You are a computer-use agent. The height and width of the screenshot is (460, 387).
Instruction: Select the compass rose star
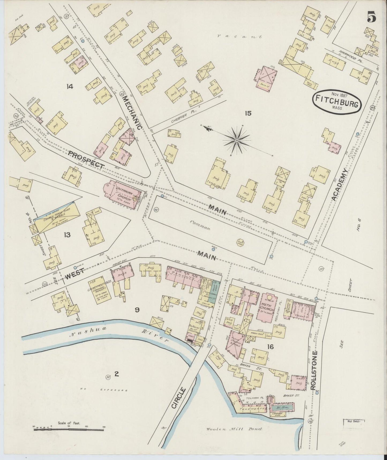pos(237,140)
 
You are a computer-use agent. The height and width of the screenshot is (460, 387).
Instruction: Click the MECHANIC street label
pos(132,113)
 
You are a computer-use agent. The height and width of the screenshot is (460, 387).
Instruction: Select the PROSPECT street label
pos(86,160)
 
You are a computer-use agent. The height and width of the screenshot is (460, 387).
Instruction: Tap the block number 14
pos(70,86)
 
